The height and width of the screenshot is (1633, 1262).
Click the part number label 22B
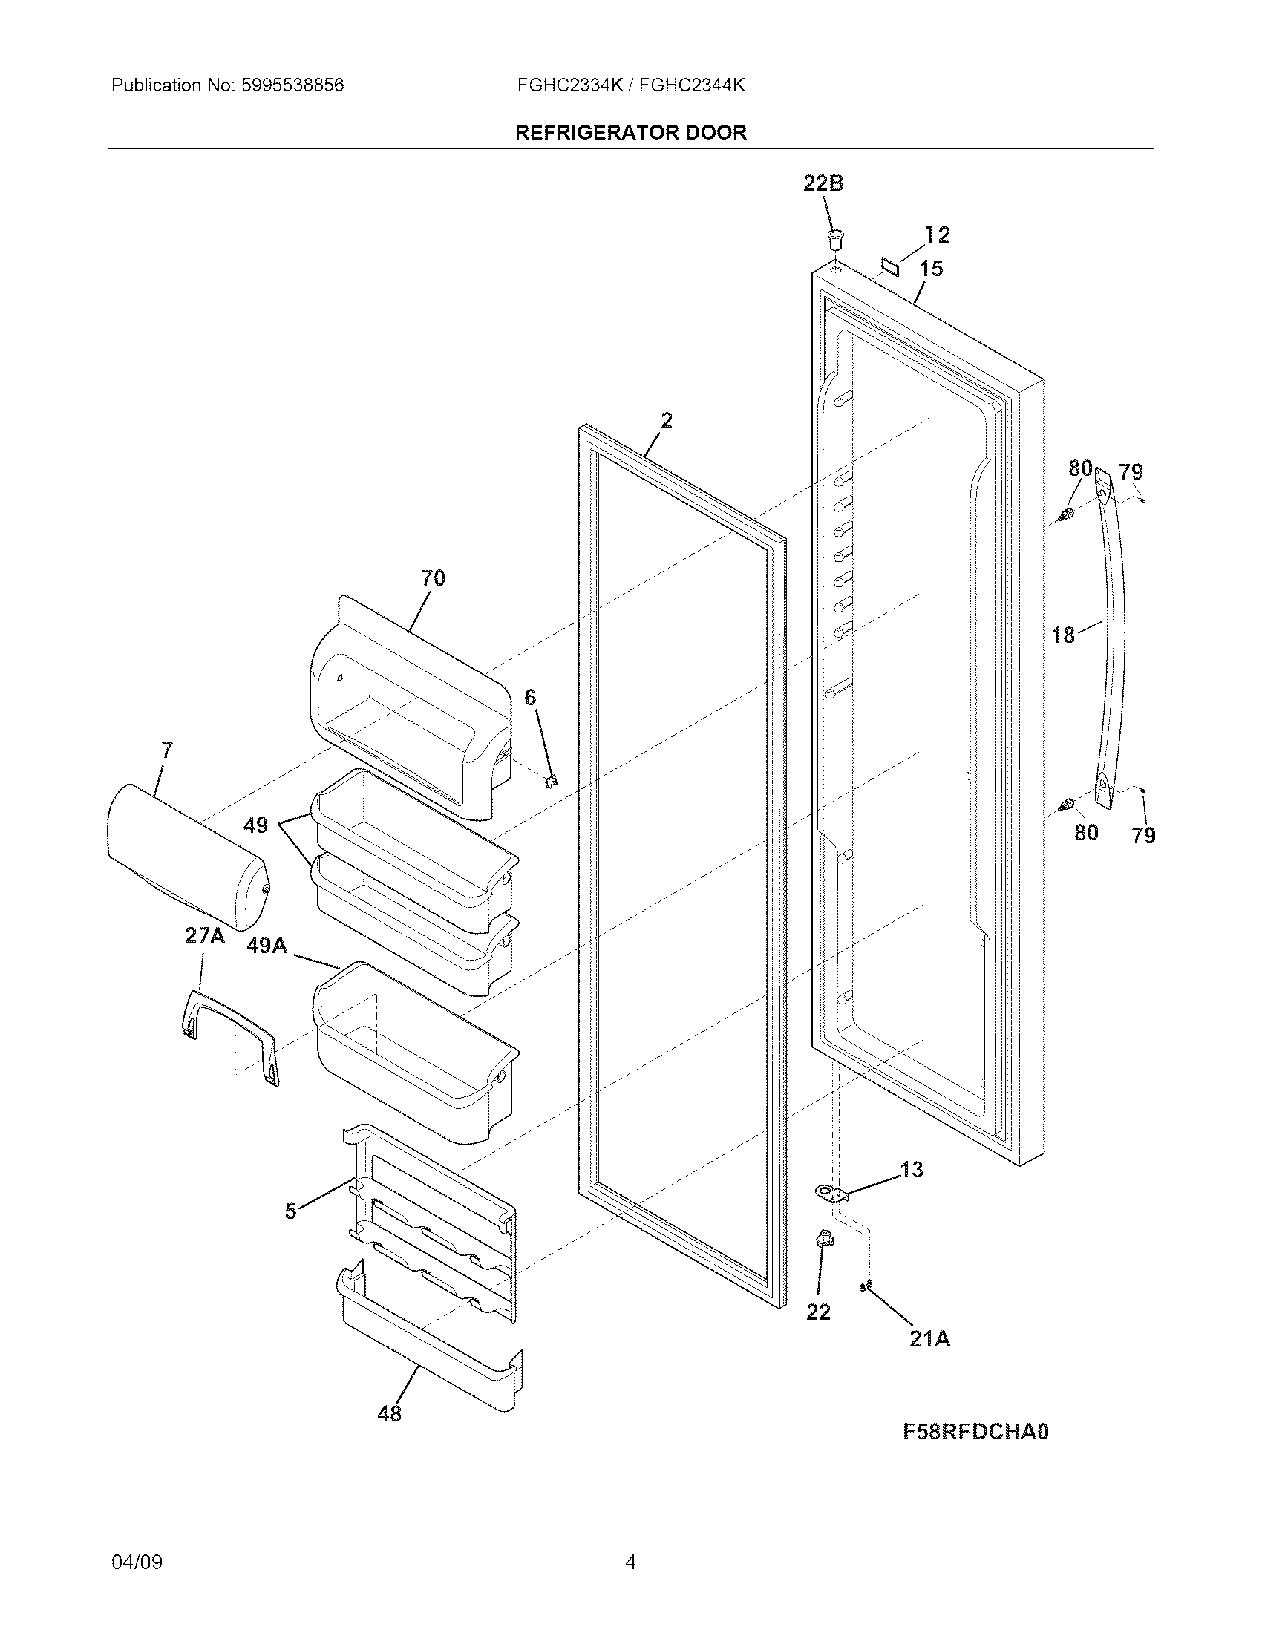(x=823, y=183)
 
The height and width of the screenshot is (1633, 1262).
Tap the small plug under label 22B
(x=834, y=239)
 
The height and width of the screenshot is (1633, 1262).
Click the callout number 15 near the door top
(x=931, y=269)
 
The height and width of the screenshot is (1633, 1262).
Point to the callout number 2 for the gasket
(x=666, y=421)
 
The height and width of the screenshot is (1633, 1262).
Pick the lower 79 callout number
(x=1143, y=835)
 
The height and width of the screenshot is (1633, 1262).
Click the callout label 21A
(x=929, y=1338)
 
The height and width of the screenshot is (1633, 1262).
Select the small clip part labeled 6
(x=552, y=780)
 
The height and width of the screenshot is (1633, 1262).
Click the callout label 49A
(x=267, y=946)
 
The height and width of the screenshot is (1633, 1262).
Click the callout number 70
(x=433, y=578)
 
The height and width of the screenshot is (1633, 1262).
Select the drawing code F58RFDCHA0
(x=975, y=1431)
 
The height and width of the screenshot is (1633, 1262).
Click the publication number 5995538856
(x=292, y=85)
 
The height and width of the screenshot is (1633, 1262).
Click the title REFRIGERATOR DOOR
(x=631, y=132)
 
